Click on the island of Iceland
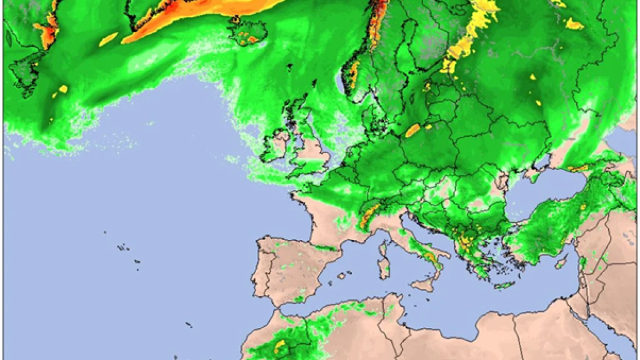(x=247, y=32)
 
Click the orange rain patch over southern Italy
(x=431, y=256)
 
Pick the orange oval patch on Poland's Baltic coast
(x=412, y=130)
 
